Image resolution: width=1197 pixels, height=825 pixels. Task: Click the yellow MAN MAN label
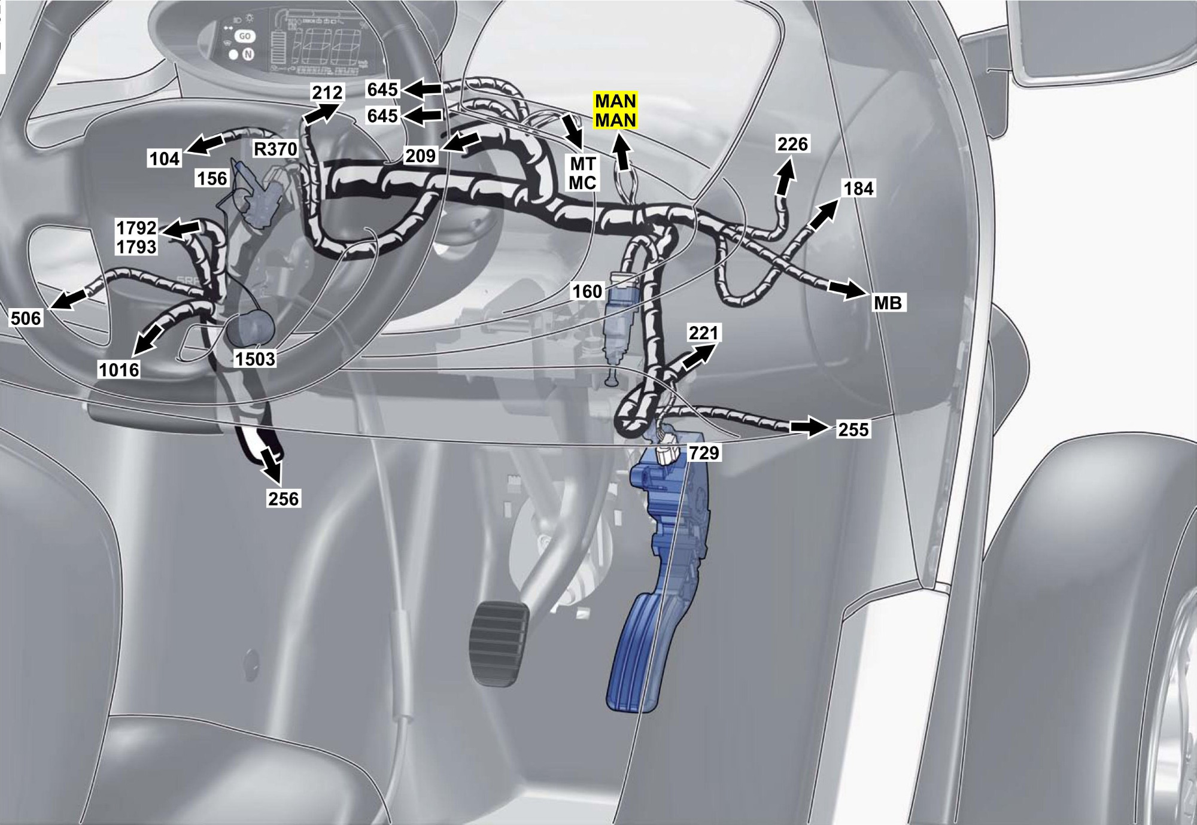pos(615,111)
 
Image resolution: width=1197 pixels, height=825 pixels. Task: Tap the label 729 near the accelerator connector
pos(704,453)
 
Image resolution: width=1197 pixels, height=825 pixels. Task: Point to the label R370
pos(275,148)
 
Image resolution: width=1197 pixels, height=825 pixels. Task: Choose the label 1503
pos(255,359)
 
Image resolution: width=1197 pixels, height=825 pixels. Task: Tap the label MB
pos(888,303)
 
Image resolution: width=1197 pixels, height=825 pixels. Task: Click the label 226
pos(792,144)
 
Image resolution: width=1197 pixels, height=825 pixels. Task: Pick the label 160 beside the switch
pos(587,291)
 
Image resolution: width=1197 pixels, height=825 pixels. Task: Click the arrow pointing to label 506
pos(69,298)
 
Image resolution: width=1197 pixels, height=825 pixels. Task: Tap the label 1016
pos(119,370)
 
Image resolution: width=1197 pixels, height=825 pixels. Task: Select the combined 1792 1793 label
pos(136,238)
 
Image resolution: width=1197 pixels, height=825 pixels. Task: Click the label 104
pos(164,159)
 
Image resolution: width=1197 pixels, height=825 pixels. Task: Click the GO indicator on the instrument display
pos(245,36)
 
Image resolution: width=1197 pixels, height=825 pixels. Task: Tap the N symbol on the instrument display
pos(248,54)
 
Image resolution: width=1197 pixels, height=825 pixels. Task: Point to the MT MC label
pos(582,173)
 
